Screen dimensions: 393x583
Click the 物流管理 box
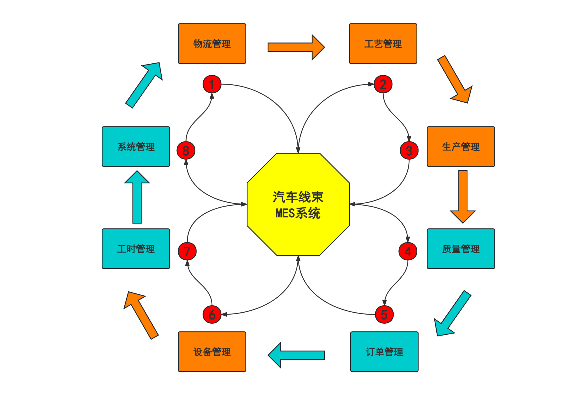[212, 44]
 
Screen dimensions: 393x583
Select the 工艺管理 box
[383, 44]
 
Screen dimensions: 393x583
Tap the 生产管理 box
[461, 147]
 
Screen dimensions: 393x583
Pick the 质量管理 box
[461, 249]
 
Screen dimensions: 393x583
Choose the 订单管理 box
[384, 352]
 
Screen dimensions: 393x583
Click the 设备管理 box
[212, 352]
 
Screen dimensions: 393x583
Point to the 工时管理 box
[136, 249]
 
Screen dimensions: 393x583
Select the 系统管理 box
[136, 147]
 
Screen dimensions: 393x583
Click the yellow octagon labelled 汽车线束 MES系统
[298, 204]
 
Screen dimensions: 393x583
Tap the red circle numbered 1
[212, 84]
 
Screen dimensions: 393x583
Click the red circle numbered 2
[383, 84]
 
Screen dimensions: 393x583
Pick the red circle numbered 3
[409, 151]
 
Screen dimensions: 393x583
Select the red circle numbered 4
[408, 251]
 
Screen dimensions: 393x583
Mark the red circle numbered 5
[384, 314]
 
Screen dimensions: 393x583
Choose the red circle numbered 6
[212, 314]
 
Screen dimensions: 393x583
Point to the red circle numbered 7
[187, 251]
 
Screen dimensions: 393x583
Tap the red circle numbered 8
[186, 151]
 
